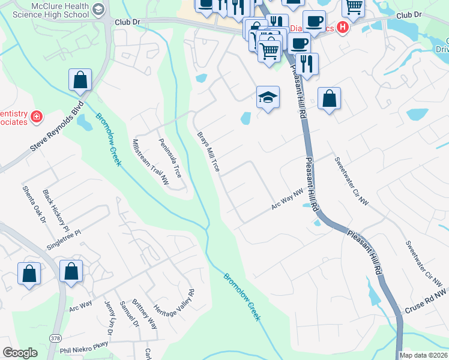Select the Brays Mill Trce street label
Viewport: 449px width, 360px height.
click(x=208, y=152)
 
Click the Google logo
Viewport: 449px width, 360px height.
click(x=20, y=353)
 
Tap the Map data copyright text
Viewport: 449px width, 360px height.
click(x=423, y=355)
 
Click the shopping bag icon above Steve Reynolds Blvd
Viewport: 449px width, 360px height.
click(x=80, y=80)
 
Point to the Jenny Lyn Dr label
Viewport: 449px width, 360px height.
click(x=109, y=316)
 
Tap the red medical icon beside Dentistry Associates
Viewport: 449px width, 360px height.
click(x=37, y=116)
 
